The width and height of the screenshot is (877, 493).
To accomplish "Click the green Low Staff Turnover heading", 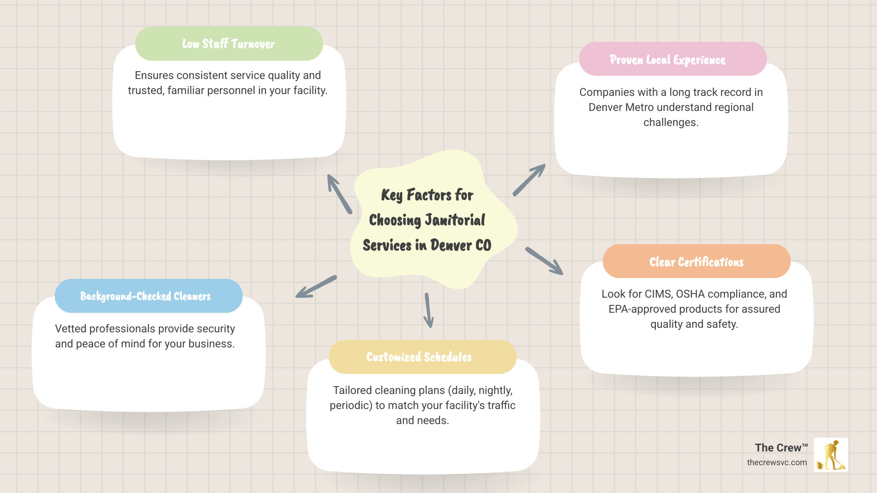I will click(228, 44).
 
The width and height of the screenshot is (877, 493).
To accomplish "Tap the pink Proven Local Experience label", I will click(667, 60).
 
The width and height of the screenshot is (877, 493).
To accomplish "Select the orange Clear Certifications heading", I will click(696, 262).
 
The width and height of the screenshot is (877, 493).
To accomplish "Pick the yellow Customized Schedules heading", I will click(419, 357).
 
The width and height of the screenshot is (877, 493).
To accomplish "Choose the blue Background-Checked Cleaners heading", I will click(145, 296).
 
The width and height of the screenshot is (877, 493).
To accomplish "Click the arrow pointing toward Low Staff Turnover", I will click(339, 194).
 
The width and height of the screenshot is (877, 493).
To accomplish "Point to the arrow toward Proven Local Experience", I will click(529, 180).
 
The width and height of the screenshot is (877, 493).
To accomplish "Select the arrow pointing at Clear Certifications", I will click(544, 261).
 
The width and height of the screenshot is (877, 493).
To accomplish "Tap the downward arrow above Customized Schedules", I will click(428, 310).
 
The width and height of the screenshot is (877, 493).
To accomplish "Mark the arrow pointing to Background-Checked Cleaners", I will click(316, 287).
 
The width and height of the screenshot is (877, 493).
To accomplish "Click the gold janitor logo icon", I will click(831, 455).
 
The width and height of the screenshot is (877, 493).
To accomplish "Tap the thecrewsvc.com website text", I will click(777, 462).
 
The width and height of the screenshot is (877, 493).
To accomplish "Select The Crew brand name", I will click(781, 448).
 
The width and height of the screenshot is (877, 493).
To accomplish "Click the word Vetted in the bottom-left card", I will click(70, 329).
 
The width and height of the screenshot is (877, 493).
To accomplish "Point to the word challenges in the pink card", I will click(671, 122).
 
